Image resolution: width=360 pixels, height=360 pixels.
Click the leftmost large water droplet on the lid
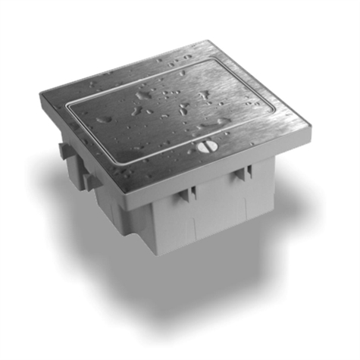pyautogui.click(x=105, y=117)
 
